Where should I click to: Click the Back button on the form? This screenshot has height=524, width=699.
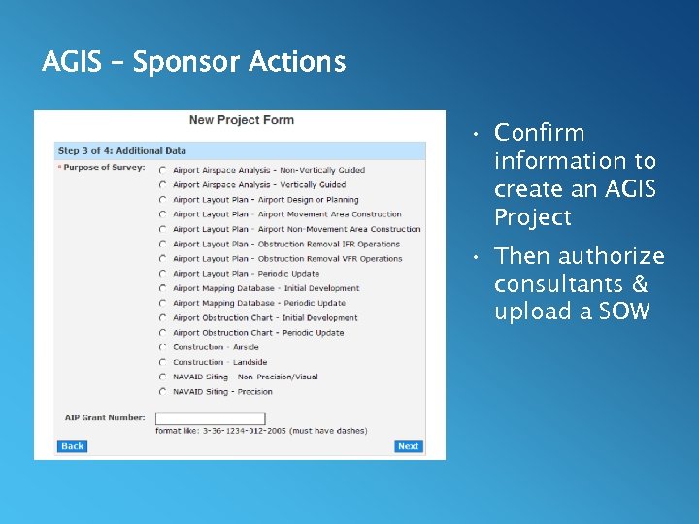click(x=73, y=446)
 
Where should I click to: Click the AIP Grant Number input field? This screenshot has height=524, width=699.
click(x=196, y=418)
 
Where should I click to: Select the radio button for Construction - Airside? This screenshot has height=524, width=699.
click(x=162, y=347)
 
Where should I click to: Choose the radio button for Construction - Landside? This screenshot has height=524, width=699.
click(x=162, y=363)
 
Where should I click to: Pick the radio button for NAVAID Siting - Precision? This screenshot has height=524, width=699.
click(x=162, y=392)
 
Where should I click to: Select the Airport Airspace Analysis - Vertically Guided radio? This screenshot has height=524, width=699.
click(x=162, y=185)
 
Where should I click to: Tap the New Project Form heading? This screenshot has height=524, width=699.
click(x=241, y=120)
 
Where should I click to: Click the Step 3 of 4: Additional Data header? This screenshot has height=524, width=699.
click(x=122, y=151)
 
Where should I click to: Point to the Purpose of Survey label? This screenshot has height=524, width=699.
click(x=103, y=168)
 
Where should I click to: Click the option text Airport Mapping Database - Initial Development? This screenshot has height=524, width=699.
click(x=266, y=288)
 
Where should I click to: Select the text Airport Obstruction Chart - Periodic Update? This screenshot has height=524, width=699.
click(x=258, y=333)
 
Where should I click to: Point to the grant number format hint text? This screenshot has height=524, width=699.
click(x=261, y=431)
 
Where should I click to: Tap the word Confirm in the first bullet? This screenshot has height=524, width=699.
click(x=539, y=133)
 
